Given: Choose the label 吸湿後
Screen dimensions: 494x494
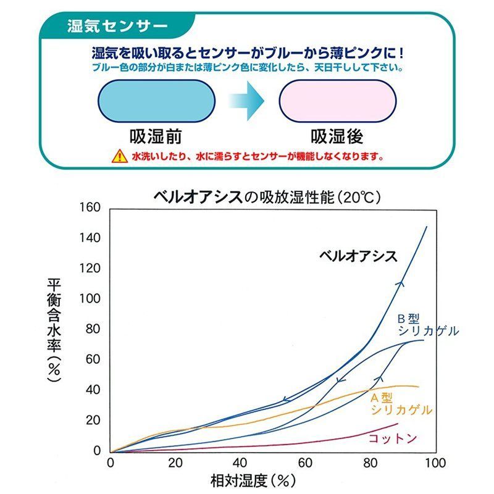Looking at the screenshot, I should pos(337,135).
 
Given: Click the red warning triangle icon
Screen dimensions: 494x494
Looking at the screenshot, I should pos(118,156).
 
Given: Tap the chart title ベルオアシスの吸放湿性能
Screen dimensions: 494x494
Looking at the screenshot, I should pos(267,198).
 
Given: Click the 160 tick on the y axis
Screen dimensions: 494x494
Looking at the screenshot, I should pos(90,207).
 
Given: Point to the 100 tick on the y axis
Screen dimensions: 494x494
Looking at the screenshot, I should pos(90,299).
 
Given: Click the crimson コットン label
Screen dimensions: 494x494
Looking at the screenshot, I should pos(393,438).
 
